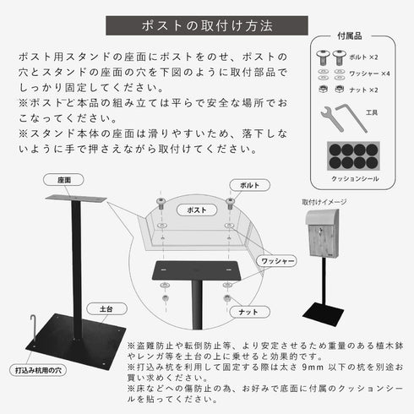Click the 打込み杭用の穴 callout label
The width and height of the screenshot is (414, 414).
pyautogui.click(x=37, y=369)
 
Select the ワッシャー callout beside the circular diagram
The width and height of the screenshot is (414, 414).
pyautogui.click(x=277, y=262)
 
